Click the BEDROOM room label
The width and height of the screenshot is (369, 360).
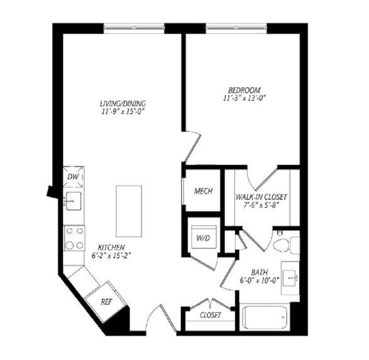click(x=244, y=90)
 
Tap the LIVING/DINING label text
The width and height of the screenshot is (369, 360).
click(x=123, y=103)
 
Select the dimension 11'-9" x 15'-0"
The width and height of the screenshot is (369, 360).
click(x=122, y=111)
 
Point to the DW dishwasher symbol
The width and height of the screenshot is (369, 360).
click(x=74, y=177)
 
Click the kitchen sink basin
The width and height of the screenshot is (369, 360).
click(x=73, y=201)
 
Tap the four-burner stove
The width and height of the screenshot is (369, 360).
click(x=74, y=238)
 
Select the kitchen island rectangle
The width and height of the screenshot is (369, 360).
click(x=129, y=211)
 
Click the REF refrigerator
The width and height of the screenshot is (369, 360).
click(x=106, y=302)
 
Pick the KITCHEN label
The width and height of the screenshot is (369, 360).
click(x=111, y=247)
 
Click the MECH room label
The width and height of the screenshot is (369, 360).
click(x=203, y=191)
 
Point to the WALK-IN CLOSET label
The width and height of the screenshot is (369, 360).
click(x=261, y=197)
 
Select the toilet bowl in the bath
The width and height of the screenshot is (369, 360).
click(x=282, y=245)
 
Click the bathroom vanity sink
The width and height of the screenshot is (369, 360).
click(x=290, y=278)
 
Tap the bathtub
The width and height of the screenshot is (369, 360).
click(x=264, y=317)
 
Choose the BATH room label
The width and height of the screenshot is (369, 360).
click(x=259, y=272)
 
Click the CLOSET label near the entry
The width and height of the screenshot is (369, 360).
click(x=210, y=315)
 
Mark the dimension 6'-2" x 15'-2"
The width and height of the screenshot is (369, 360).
click(x=111, y=256)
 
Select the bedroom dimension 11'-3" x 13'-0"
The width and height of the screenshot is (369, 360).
click(x=244, y=98)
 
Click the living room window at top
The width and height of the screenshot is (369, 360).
click(x=134, y=28)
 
